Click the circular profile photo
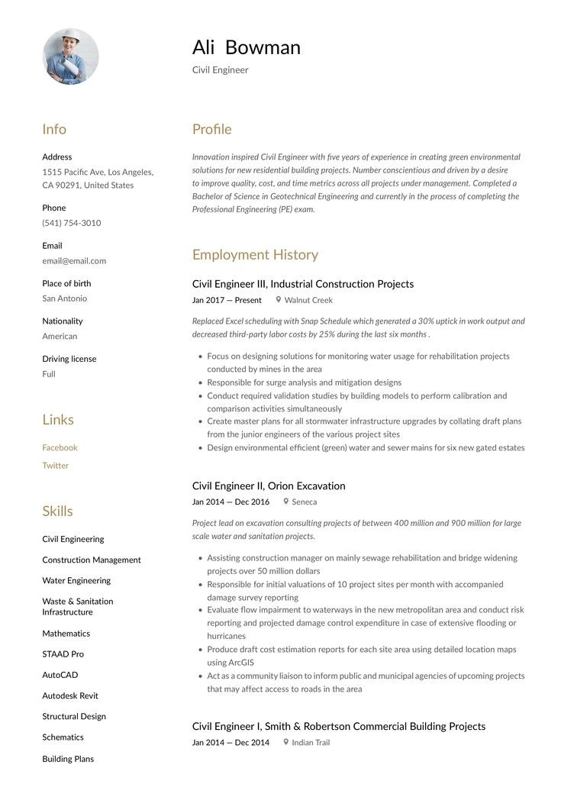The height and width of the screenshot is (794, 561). tap(70, 56)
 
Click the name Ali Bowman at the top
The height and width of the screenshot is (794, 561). tap(246, 47)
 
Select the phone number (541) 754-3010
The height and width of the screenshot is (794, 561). tap(72, 223)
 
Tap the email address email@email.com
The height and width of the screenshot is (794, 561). tap(74, 260)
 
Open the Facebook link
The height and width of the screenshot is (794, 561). tap(60, 447)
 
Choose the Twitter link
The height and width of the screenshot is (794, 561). tap(55, 465)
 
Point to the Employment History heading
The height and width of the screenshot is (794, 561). tap(255, 254)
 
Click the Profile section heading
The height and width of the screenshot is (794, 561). tap(211, 129)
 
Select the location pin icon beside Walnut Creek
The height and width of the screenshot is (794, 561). tap(279, 300)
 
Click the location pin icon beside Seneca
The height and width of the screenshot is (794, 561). tap(286, 502)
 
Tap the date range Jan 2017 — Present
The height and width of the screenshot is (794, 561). tap(227, 300)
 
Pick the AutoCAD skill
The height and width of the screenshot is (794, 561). tap(60, 675)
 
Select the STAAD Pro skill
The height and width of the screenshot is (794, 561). tap(63, 654)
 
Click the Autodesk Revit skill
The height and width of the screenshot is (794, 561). tap(70, 696)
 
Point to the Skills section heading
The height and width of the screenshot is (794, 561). tap(57, 511)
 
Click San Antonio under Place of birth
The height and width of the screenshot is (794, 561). tap(64, 299)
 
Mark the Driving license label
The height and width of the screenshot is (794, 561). tap(69, 359)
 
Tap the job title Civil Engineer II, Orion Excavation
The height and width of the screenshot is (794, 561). tap(269, 486)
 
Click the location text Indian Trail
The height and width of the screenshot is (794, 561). tap(311, 742)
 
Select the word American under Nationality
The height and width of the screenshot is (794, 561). tap(60, 336)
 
